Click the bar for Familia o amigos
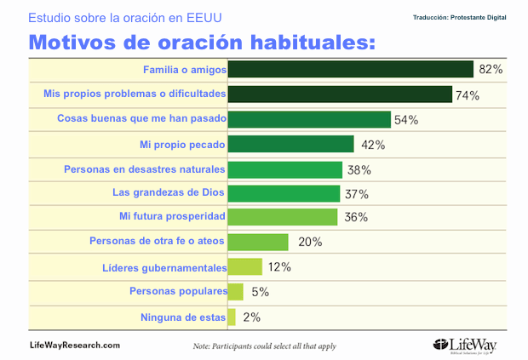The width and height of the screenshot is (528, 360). click(x=350, y=70)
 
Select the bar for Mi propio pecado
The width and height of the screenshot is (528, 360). click(x=290, y=144)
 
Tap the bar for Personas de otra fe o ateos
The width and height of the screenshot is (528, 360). click(x=258, y=241)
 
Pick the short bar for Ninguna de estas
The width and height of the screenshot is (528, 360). click(x=231, y=317)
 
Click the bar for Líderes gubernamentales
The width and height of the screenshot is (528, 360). click(x=244, y=266)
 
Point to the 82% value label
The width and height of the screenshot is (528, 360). click(x=491, y=70)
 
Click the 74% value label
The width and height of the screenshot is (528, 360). click(x=468, y=94)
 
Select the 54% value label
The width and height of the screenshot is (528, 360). click(x=405, y=120)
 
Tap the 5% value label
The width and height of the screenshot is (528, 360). click(x=260, y=292)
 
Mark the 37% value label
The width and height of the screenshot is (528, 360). click(x=357, y=193)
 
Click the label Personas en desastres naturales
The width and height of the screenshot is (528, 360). click(x=144, y=169)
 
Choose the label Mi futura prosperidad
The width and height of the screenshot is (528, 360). click(x=171, y=217)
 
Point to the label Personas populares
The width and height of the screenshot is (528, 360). click(x=178, y=291)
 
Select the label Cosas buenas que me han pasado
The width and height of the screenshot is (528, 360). click(x=140, y=119)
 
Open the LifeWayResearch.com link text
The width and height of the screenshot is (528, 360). click(x=75, y=345)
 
